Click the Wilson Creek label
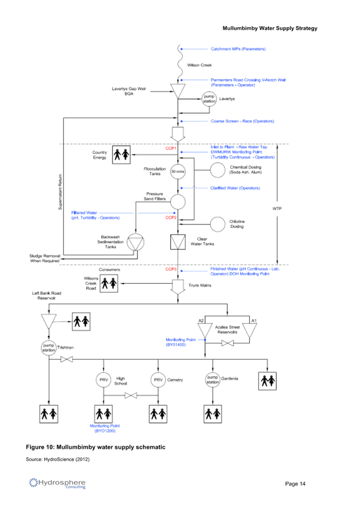pos(199,66)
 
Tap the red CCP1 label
pos(171,148)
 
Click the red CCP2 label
pos(171,217)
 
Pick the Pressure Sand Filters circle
pos(179,201)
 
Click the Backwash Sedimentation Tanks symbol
pos(135,241)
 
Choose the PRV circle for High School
pos(104,380)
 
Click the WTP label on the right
pos(277,209)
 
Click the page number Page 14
pos(295,484)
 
